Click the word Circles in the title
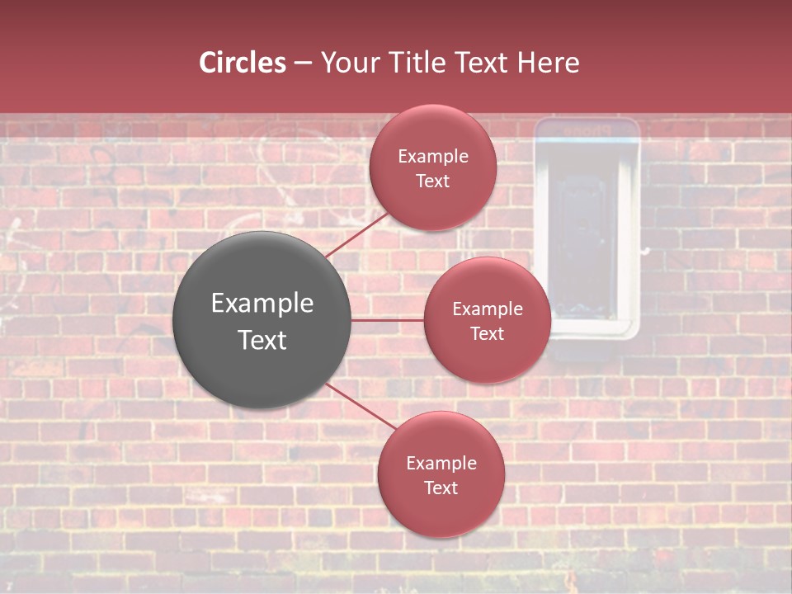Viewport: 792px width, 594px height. [x=243, y=63]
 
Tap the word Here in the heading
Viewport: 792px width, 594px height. [x=548, y=63]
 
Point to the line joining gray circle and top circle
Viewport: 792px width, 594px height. [x=356, y=234]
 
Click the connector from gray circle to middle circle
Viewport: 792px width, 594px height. [x=387, y=320]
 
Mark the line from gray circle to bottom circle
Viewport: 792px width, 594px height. [x=361, y=407]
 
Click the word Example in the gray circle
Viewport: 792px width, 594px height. [x=262, y=304]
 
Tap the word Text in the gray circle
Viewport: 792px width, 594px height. [x=262, y=340]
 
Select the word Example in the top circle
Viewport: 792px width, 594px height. [x=433, y=156]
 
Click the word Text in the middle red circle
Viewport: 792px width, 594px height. [x=487, y=333]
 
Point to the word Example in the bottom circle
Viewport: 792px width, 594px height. [x=441, y=463]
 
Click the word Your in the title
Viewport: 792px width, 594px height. [x=347, y=63]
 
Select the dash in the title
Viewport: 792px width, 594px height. [x=303, y=64]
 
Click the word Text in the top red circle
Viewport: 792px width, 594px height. [x=433, y=181]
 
